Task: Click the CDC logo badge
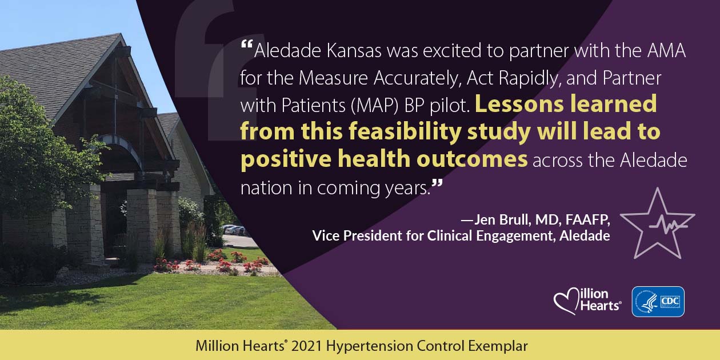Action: coord(658,302)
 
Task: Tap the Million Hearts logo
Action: coord(587,301)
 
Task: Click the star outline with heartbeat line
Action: coord(657,225)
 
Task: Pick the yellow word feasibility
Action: coord(405,133)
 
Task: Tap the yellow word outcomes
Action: coord(472,159)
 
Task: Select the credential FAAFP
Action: coord(587,220)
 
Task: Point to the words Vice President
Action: coord(357,235)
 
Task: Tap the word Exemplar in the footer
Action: coord(498,346)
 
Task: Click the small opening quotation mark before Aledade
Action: coord(246,44)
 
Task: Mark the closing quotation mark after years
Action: coord(437,184)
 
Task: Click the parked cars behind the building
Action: coord(235,230)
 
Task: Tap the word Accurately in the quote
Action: coord(418,78)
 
